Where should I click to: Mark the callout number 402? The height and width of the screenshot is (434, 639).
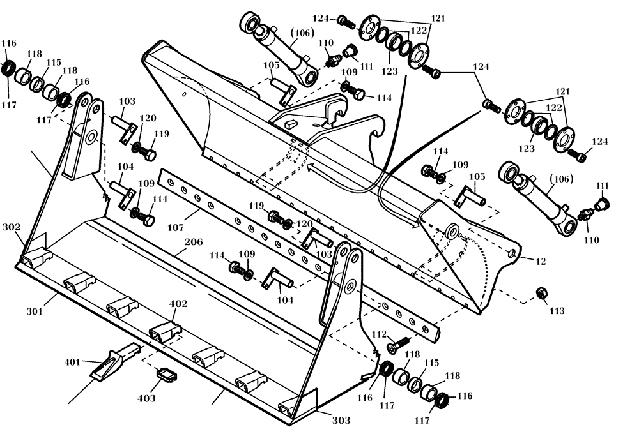179,304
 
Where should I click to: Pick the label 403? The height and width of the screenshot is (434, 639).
146,398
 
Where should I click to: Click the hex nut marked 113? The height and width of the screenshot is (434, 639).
539,292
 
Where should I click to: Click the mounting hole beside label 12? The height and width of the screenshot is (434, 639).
512,253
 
